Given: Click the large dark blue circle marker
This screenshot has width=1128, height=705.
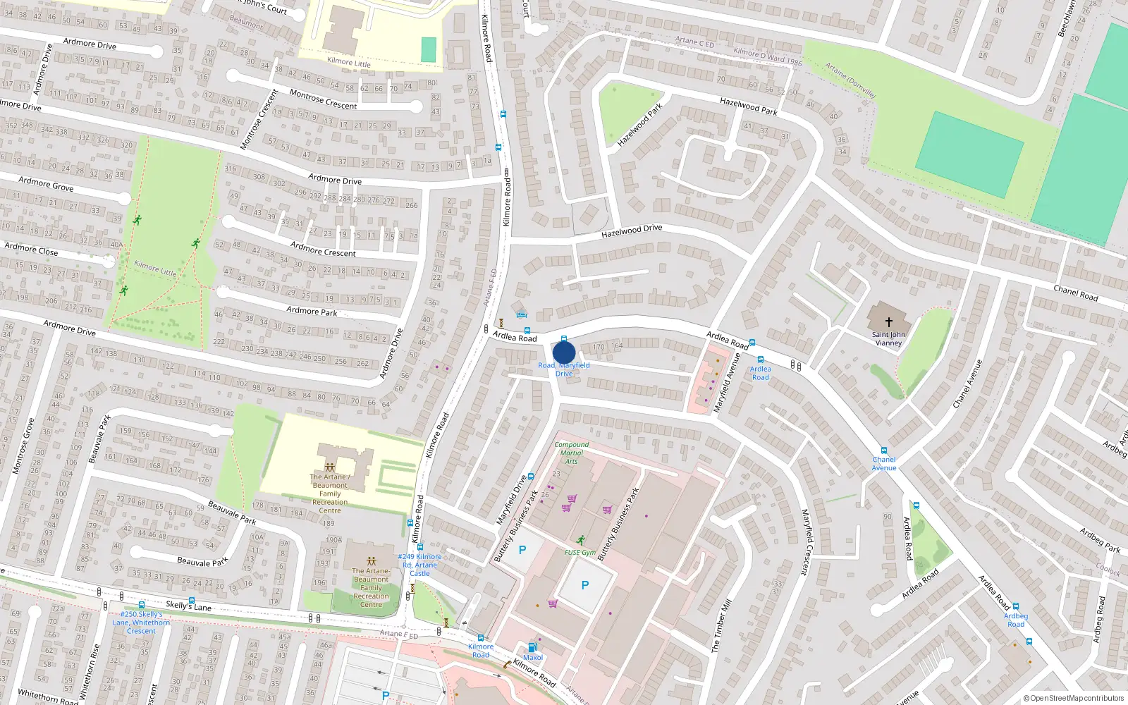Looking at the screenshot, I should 564,352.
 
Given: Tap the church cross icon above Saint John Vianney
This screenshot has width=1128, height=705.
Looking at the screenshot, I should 888,322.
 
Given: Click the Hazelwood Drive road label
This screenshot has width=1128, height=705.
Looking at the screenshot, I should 632,231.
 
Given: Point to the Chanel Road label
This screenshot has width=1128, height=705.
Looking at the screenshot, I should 1075,293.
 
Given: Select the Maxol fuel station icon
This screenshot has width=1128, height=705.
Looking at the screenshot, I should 533,647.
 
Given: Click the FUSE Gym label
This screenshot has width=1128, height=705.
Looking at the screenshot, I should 580,553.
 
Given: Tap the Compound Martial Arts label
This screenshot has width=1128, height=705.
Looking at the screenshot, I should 571,453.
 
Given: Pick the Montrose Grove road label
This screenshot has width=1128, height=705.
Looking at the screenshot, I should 23,446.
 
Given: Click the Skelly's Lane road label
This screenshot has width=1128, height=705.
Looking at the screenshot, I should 188,606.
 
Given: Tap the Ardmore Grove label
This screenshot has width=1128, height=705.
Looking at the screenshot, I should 46,184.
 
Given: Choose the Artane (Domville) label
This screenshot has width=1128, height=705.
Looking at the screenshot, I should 850,80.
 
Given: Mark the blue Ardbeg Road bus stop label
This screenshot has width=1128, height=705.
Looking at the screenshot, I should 1016,620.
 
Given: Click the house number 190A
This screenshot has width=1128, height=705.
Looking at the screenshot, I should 333,540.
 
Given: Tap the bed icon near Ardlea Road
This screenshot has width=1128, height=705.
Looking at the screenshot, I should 521,314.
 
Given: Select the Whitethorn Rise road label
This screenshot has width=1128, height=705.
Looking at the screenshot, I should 90,670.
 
